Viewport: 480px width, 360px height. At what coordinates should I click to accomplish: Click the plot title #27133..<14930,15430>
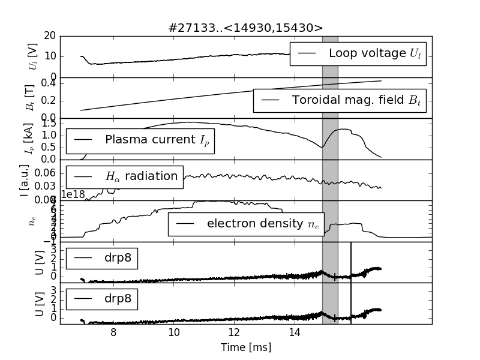click(x=245, y=28)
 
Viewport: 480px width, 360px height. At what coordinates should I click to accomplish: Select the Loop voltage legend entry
click(x=358, y=53)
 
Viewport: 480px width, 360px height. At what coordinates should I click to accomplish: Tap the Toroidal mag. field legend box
click(x=339, y=100)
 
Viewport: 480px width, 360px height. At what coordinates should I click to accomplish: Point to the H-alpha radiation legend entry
click(x=124, y=176)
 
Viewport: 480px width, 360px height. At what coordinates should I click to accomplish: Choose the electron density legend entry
click(x=245, y=224)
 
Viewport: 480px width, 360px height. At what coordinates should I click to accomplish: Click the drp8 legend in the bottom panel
click(x=102, y=298)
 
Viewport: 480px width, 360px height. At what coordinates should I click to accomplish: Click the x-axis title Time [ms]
click(x=245, y=347)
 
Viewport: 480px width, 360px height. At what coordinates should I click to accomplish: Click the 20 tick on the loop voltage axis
click(x=50, y=36)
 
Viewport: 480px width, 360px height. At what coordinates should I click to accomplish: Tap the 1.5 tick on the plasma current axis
click(x=48, y=123)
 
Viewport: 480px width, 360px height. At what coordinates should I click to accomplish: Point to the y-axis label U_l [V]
click(x=32, y=56)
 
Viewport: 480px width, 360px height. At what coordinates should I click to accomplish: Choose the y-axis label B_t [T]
click(x=32, y=98)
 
